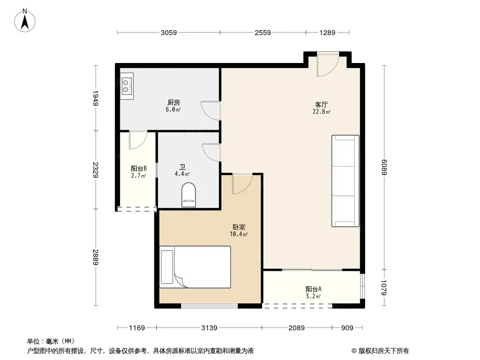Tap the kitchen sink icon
click(127, 86)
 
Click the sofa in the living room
click(345, 181)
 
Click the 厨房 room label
click(173, 102)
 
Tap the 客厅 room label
click(322, 105)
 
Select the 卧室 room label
click(239, 228)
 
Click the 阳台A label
click(313, 289)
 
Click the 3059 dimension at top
click(168, 32)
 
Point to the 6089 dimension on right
click(385, 169)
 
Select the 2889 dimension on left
click(95, 257)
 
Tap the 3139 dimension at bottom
click(209, 328)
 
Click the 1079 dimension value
click(385, 288)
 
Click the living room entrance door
click(327, 65)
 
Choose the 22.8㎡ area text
click(322, 112)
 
